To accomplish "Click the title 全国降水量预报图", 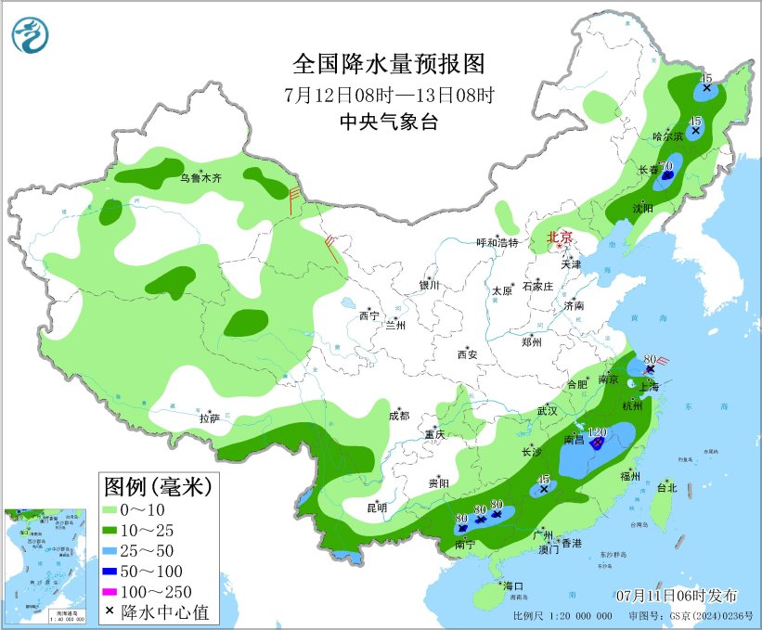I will [389, 64].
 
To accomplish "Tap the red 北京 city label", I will [560, 238].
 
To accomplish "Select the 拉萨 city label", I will [209, 418].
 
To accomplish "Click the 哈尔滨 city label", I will [667, 136].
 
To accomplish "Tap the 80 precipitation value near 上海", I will [650, 359].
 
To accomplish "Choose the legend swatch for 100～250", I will [116, 592].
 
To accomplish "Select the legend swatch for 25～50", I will [116, 551].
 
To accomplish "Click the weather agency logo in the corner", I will [32, 34].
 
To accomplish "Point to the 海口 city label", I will [513, 586].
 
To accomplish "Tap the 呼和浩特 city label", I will [497, 242].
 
